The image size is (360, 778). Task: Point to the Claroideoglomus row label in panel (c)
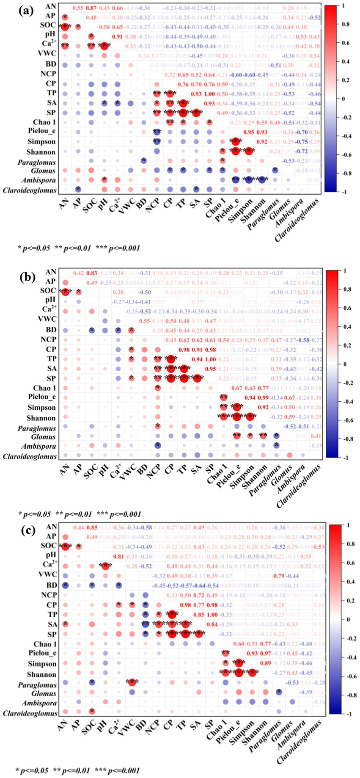[x=30, y=714]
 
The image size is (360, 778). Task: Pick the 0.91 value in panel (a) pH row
[x=117, y=36]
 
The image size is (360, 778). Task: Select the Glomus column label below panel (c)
[x=278, y=728]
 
